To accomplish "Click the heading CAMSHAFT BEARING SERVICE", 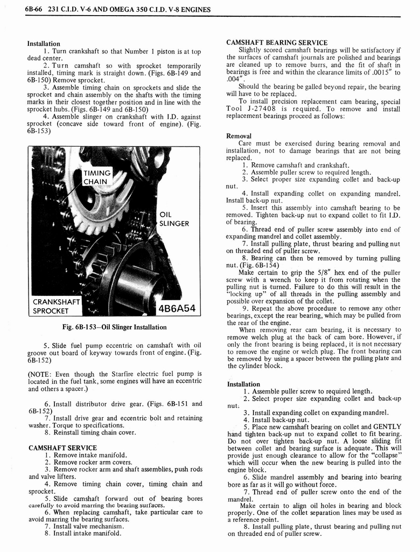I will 277,43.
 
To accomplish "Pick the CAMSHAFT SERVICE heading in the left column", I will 62,447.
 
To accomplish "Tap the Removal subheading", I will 239,136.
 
